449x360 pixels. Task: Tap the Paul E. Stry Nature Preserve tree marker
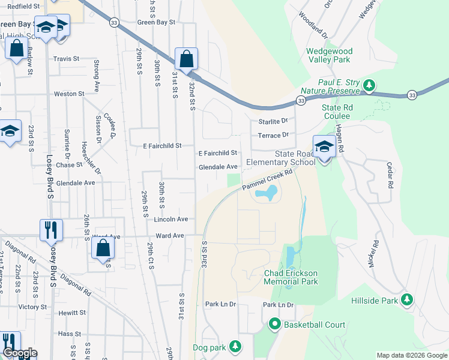tap(370, 86)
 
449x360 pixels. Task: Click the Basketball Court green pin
tap(275, 325)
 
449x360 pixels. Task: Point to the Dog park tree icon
tap(236, 347)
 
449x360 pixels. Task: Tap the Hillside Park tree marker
tap(408, 299)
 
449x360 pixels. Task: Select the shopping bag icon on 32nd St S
tap(187, 59)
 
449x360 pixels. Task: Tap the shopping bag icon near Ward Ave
tap(103, 248)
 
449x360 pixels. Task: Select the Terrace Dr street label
tap(273, 135)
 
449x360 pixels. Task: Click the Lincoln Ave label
tap(171, 219)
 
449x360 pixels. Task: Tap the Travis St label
tap(66, 59)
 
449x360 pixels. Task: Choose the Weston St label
tap(69, 94)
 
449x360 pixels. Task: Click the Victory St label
tap(32, 306)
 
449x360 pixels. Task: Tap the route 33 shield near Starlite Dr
tap(301, 101)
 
